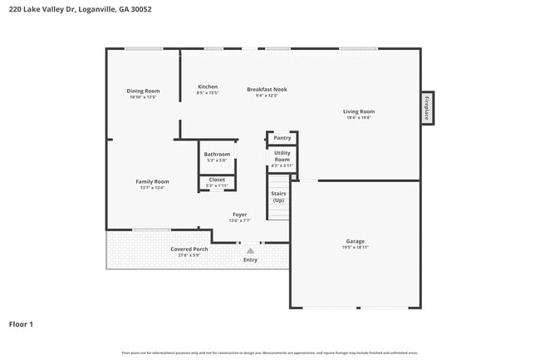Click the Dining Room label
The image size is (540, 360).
click(x=143, y=91)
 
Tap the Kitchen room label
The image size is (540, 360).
click(x=208, y=86)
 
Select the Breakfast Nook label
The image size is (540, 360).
click(x=267, y=89)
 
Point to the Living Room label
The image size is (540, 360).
click(x=359, y=111)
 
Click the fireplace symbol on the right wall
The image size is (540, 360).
click(x=427, y=108)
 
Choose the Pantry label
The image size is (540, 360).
click(x=282, y=138)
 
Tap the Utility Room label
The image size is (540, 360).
click(x=282, y=156)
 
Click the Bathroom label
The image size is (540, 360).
click(x=217, y=154)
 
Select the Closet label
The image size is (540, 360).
click(x=217, y=180)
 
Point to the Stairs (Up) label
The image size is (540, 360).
click(x=278, y=197)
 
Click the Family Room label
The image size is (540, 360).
click(x=152, y=181)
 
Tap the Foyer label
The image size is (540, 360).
click(x=239, y=215)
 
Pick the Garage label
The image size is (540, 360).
click(x=356, y=241)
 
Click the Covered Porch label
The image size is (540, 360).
click(x=189, y=249)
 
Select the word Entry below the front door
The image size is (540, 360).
click(x=250, y=259)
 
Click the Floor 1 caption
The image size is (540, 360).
click(x=21, y=323)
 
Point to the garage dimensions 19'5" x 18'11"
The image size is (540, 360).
click(x=356, y=247)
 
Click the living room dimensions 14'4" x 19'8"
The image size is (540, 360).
click(x=359, y=117)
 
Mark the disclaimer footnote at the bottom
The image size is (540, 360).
click(x=269, y=353)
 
